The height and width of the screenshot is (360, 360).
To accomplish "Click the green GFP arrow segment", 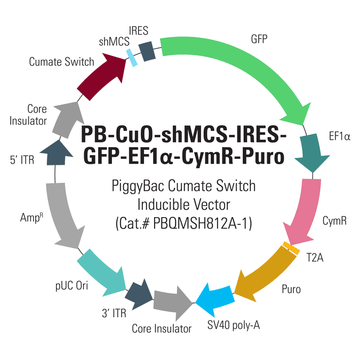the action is click(248, 67).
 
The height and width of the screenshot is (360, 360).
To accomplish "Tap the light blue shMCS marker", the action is click(132, 58).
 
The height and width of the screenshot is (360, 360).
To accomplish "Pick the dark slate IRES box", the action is click(147, 51).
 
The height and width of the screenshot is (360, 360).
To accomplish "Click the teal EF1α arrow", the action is click(311, 151).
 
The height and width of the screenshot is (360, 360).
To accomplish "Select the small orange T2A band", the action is click(291, 248).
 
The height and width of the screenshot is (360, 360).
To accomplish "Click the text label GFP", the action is click(259, 39).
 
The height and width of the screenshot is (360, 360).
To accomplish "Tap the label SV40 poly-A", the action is click(234, 325).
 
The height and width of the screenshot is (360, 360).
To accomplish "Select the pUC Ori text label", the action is click(71, 286).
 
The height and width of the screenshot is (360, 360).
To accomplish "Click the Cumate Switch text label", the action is click(61, 62).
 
